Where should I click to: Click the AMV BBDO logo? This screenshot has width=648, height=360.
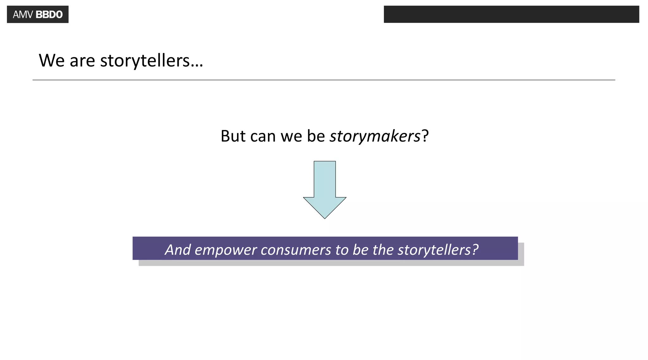tap(38, 14)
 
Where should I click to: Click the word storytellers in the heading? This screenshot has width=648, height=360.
tap(145, 60)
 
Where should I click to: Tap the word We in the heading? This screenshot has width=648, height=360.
tap(52, 60)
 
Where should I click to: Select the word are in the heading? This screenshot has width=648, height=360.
tap(82, 61)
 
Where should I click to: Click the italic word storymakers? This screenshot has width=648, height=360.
tap(375, 136)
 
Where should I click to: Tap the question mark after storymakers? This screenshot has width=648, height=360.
tap(425, 136)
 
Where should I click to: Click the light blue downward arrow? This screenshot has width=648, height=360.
tap(325, 190)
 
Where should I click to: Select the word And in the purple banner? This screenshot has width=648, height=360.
tap(178, 250)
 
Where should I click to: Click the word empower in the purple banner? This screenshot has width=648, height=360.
tap(226, 250)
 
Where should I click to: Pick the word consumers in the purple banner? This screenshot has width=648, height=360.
tap(296, 250)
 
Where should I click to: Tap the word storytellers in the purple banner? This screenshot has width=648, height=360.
tap(434, 250)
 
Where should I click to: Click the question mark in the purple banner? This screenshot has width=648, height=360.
tap(475, 250)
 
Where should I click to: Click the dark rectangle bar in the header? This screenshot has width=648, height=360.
tap(511, 14)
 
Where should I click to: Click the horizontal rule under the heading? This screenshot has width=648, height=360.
tap(324, 80)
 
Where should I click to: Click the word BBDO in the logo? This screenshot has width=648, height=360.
tap(49, 15)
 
